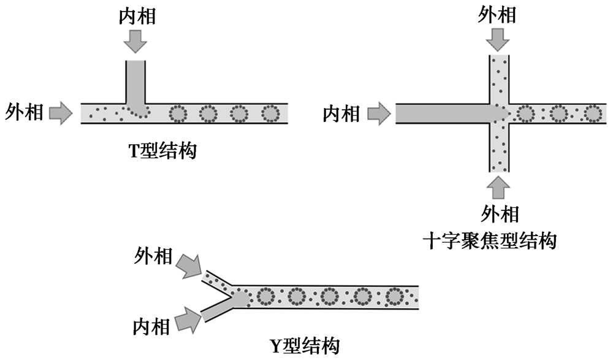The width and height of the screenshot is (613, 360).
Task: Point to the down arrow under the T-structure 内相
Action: tap(135, 41)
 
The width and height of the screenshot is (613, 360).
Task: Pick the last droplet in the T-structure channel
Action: tap(270, 113)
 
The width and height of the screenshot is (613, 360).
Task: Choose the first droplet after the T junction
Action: tap(178, 113)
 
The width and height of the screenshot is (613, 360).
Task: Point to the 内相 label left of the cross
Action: tap(341, 113)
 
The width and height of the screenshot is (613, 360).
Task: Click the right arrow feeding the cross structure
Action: tap(378, 113)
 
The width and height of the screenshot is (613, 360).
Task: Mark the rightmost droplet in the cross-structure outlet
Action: tap(592, 113)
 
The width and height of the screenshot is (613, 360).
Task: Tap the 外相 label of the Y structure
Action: tap(153, 256)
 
